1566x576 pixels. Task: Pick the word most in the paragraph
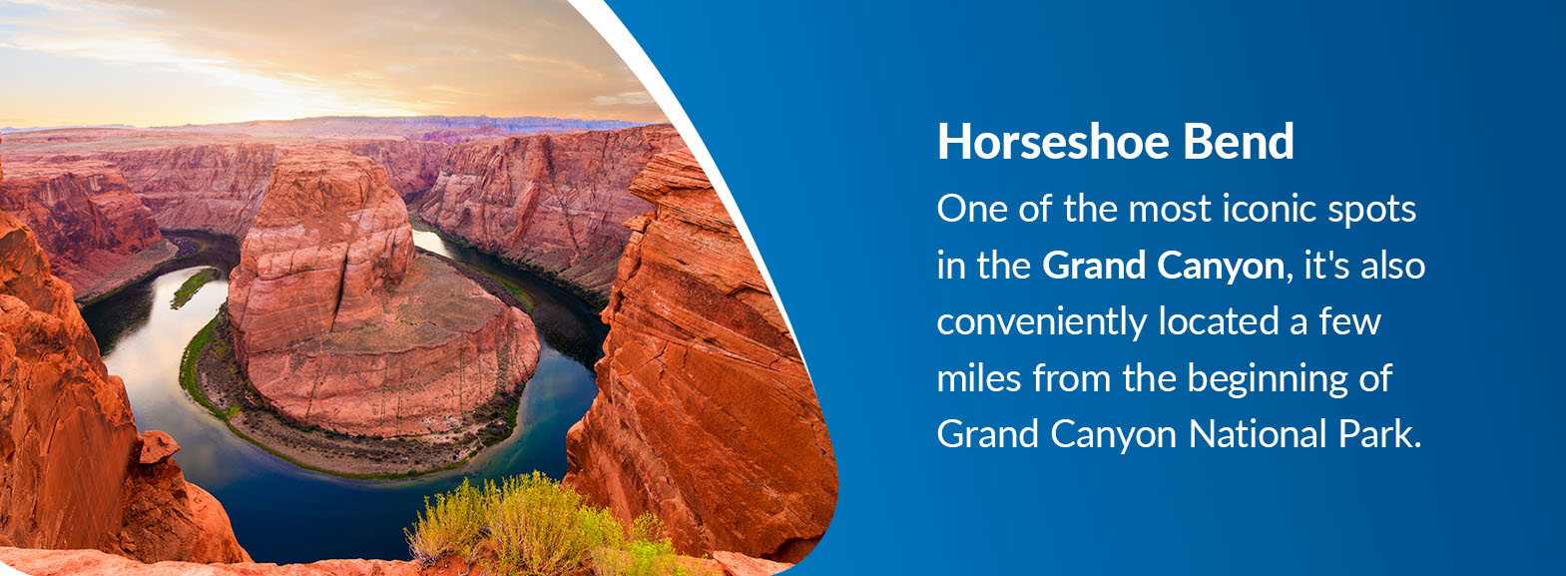(x=1170, y=210)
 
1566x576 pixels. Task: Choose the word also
(x=1392, y=265)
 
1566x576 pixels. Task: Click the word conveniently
(x=1042, y=323)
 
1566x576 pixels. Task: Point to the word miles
(x=979, y=378)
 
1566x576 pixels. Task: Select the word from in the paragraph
(x=1072, y=378)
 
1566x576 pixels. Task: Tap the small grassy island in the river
(x=193, y=286)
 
